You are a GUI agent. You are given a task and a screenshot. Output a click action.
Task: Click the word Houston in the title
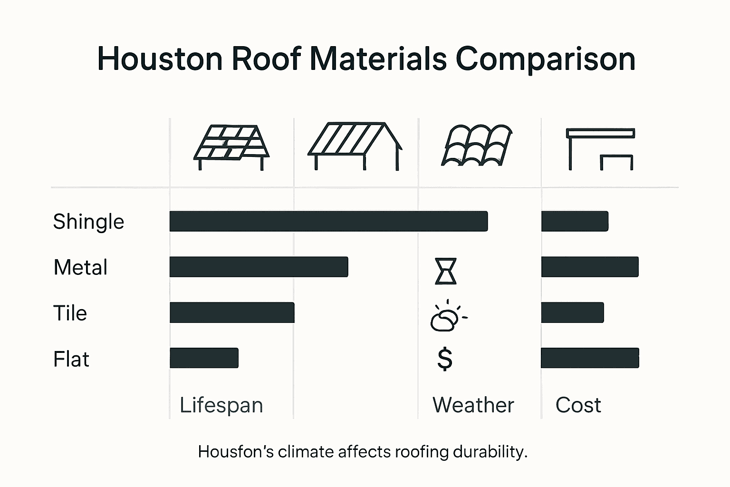tap(160, 59)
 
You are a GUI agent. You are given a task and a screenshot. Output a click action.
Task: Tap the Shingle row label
tap(88, 222)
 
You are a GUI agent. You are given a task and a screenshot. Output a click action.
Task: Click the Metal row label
tap(80, 267)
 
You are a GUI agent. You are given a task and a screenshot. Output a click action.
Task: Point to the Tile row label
tap(70, 313)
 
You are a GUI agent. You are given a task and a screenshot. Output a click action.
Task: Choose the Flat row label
tap(71, 359)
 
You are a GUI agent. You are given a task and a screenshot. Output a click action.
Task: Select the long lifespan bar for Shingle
tap(328, 221)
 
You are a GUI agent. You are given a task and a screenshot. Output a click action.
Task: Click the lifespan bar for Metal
tap(259, 267)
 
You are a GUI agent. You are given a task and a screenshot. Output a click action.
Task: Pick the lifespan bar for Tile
tap(232, 312)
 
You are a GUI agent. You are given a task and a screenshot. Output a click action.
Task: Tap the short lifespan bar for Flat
tap(204, 358)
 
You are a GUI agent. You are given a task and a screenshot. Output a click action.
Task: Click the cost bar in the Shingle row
tap(575, 221)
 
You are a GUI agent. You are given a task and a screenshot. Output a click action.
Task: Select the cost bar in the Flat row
tap(590, 358)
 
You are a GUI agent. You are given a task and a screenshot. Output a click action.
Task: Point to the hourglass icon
tap(446, 271)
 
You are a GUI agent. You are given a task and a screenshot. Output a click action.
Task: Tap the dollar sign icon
tap(445, 359)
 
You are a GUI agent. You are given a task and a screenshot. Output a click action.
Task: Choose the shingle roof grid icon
tap(231, 145)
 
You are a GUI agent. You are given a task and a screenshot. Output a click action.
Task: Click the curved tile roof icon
tap(477, 146)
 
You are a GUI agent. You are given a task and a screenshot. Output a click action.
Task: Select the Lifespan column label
tap(221, 405)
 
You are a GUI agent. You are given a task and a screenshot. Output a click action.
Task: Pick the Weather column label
tap(473, 405)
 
